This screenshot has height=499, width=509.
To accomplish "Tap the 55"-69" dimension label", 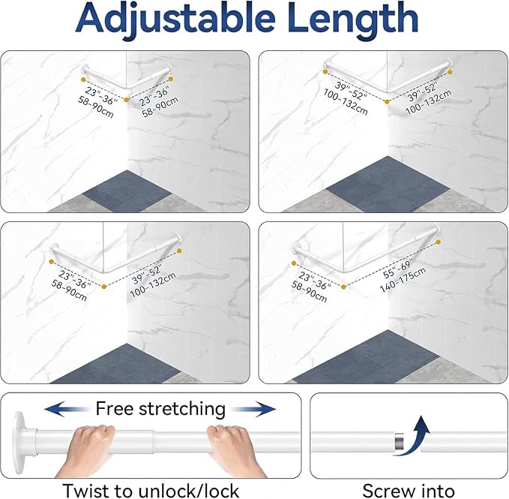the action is tap(397, 269).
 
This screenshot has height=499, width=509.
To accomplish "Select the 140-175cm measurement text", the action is tap(403, 280).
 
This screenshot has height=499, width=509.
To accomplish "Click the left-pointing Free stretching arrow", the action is tap(67, 409).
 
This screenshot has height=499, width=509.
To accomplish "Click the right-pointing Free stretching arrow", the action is tap(253, 409).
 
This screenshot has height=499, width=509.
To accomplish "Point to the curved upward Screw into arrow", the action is tap(413, 435).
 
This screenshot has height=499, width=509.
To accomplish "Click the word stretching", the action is tap(181, 409).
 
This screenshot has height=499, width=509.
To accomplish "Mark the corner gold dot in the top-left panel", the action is tap(127, 100).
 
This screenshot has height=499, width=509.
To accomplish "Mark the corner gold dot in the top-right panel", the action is tap(387, 102).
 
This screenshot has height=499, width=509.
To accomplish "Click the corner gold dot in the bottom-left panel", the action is tap(104, 287).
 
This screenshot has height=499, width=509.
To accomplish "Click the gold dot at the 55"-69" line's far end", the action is tap(439, 242).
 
